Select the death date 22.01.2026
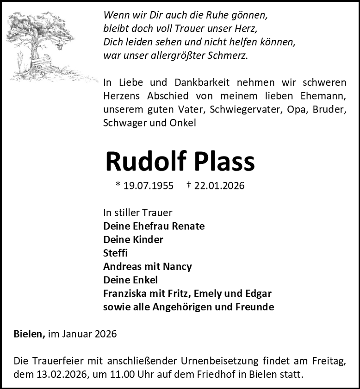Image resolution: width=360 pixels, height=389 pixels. click(219, 186)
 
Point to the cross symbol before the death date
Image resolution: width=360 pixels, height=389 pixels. click(189, 185)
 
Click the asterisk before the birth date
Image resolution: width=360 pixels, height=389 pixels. click(118, 185)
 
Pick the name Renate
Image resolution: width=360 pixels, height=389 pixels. click(188, 226)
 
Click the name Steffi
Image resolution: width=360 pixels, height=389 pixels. click(115, 253)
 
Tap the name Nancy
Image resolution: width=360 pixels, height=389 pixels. click(177, 267)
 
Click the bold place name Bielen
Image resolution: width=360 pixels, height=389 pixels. click(29, 334)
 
